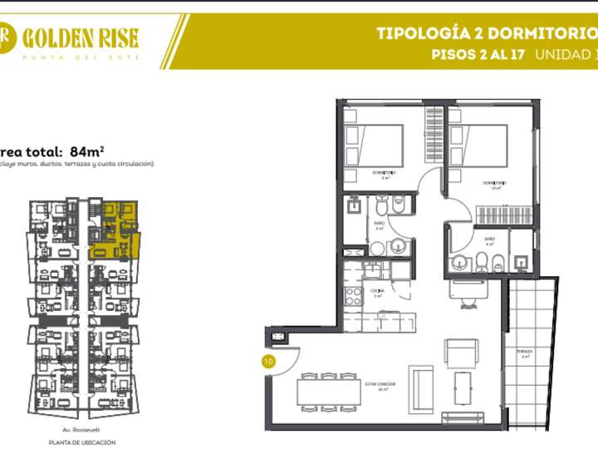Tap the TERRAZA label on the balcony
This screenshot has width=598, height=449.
coord(524,352)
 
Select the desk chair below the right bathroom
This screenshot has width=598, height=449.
coord(462,291)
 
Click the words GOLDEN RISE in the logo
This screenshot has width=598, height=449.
coord(81,37)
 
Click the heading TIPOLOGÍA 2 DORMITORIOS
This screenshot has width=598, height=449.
coord(486,34)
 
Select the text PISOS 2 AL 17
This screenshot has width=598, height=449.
coord(478,55)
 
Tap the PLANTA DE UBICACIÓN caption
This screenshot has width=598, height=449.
coord(81,442)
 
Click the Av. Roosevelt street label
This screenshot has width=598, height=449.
coord(81,430)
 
